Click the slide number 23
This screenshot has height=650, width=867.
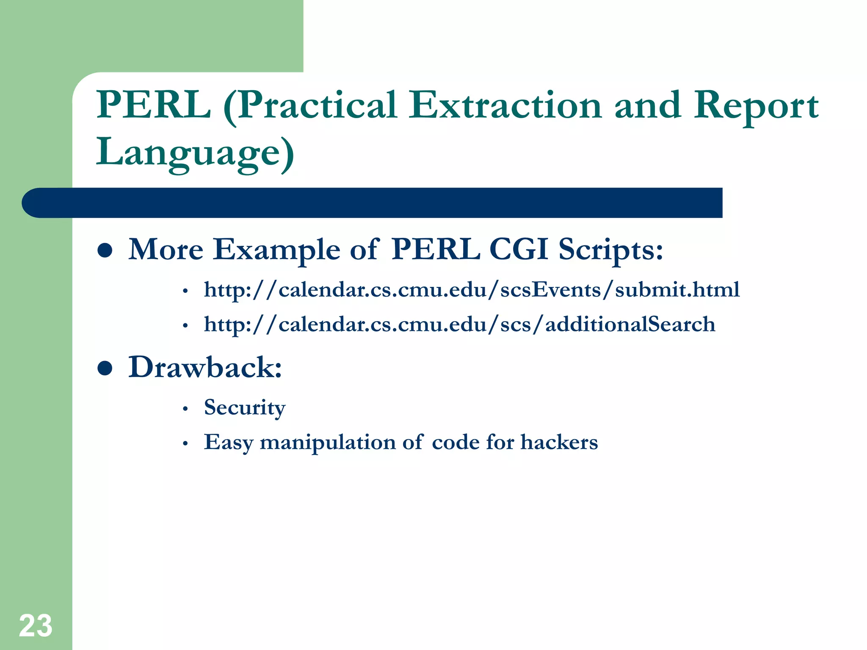pos(36,626)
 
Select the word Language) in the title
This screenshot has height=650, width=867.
pos(195,152)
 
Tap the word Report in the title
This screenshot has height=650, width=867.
pos(756,106)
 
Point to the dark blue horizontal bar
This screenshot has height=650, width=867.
pos(373,203)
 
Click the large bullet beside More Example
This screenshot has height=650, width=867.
pos(105,250)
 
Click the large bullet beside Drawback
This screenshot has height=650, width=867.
pos(105,368)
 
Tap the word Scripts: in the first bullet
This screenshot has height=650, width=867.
pos(610,250)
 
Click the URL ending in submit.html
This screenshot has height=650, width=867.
pos(472,290)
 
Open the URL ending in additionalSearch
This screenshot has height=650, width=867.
pos(459,325)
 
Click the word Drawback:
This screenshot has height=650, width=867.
pos(205,367)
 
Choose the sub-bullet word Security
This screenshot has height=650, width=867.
pos(245,408)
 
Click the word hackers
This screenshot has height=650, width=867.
pos(559,442)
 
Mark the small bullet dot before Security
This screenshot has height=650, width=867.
pos(185,409)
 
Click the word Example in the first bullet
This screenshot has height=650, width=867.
pos(276,250)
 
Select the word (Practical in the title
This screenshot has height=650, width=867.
pos(310,106)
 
